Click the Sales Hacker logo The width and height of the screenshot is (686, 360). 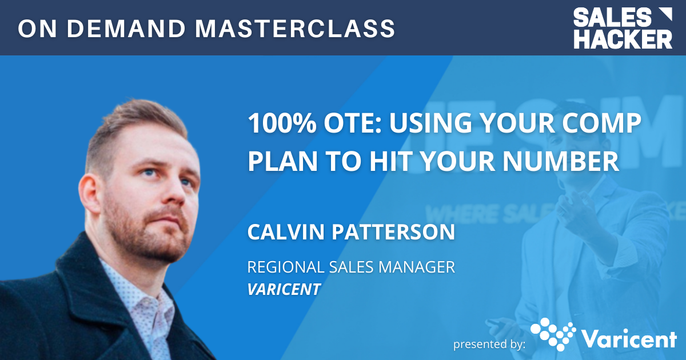[623, 28]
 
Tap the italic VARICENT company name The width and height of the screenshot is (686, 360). [284, 289]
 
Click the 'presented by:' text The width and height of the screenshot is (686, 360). [489, 344]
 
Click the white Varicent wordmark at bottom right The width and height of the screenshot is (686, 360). [629, 338]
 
